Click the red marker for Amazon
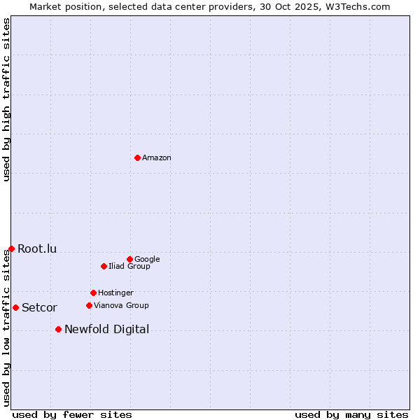(x=137, y=157)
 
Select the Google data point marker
(x=129, y=259)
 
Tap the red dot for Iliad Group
(x=104, y=266)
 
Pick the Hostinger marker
(x=93, y=293)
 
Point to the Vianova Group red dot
(x=89, y=305)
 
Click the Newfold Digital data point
(x=58, y=329)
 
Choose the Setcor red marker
(x=15, y=307)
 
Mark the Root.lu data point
(x=11, y=248)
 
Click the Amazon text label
(x=157, y=158)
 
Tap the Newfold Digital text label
(x=106, y=330)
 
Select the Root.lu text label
(x=37, y=249)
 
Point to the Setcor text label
(x=39, y=308)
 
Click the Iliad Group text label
(x=129, y=267)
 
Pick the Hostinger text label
(x=115, y=293)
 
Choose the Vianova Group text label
(x=121, y=306)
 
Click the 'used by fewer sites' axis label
(x=72, y=414)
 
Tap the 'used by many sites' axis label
(x=351, y=414)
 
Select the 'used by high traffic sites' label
(x=7, y=99)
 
